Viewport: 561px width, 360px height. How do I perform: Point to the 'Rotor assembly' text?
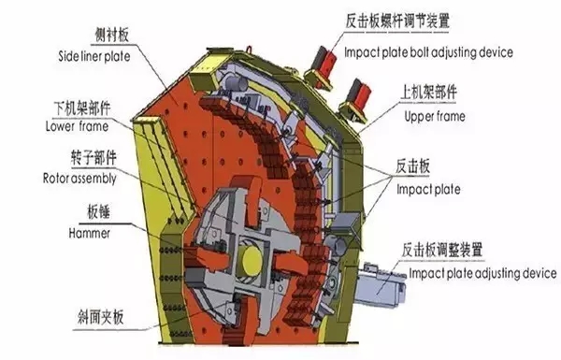pos(82,176)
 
